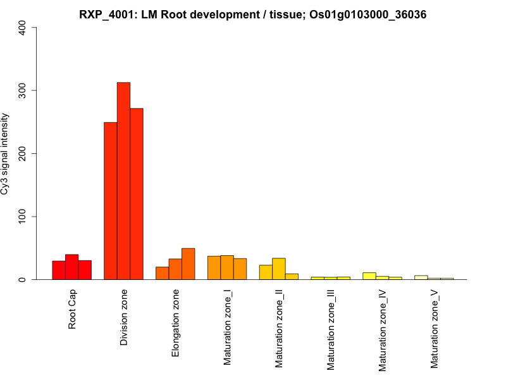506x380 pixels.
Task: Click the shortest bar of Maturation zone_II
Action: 292,277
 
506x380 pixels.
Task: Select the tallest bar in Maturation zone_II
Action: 278,269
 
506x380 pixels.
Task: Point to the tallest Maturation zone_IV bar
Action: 369,276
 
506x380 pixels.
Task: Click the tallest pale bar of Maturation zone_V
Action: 421,277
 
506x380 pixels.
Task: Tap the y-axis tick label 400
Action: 23,28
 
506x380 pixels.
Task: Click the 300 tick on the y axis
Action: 23,91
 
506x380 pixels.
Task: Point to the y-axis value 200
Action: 23,153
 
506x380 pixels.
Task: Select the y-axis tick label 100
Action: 23,217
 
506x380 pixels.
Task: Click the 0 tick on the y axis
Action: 23,279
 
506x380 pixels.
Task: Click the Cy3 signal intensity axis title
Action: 6,153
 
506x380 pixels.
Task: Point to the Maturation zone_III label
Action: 331,329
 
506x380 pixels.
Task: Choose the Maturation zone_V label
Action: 435,329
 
